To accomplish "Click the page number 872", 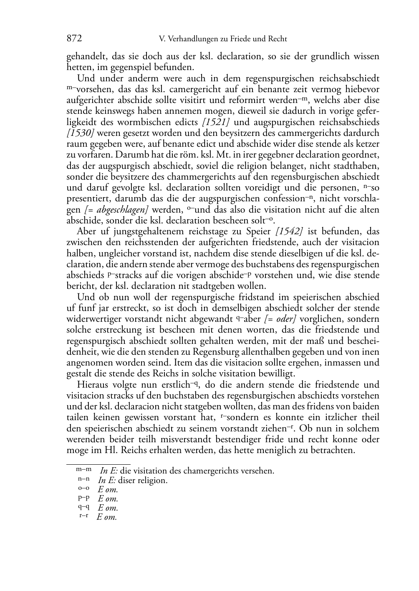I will [x=74, y=39].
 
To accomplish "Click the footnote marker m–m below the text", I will [x=83, y=469].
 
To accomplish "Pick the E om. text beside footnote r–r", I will [x=107, y=517].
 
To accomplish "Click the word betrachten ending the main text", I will [x=332, y=451].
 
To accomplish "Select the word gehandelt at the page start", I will [x=84, y=57].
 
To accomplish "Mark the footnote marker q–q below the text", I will [x=83, y=507].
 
